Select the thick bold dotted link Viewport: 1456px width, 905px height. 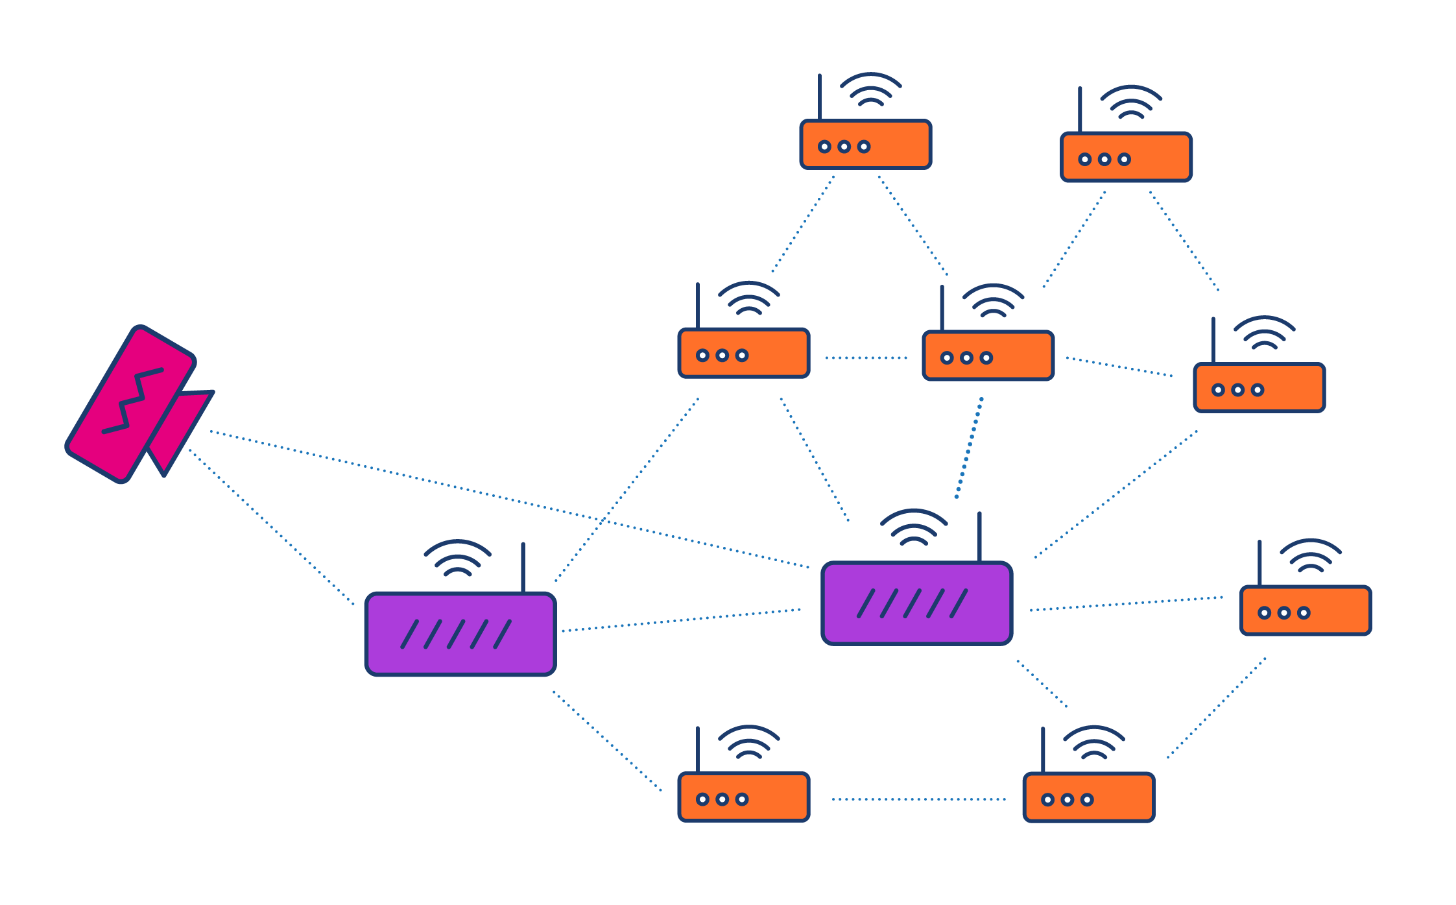pos(969,448)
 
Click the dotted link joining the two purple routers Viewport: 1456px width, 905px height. pos(681,620)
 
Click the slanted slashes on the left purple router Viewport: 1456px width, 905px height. pos(457,634)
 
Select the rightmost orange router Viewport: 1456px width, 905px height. pos(1305,610)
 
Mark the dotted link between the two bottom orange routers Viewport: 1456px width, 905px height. pos(918,799)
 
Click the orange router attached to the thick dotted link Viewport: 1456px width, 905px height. pos(988,356)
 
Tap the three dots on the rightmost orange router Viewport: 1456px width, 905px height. pos(1283,612)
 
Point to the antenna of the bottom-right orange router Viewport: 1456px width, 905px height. pos(1043,750)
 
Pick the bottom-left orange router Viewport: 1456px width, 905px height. pos(743,797)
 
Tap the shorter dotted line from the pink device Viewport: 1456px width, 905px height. pos(272,527)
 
